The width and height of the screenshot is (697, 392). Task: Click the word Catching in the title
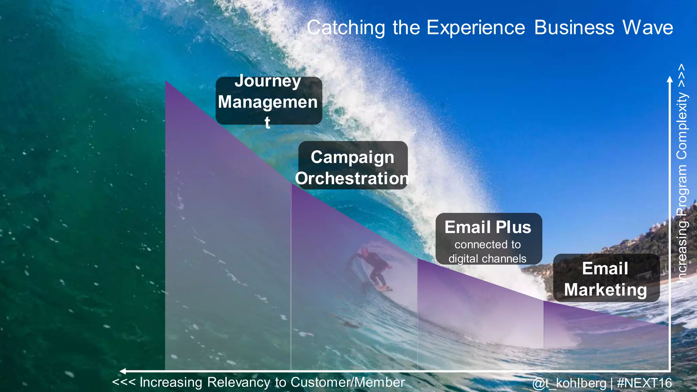click(x=346, y=28)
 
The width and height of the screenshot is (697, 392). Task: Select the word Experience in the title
click(x=476, y=28)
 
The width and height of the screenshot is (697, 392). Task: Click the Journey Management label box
click(x=269, y=101)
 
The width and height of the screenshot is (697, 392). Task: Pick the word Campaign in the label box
click(x=352, y=158)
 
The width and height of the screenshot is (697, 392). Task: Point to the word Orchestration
click(x=352, y=179)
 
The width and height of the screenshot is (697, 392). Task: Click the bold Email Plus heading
click(x=488, y=227)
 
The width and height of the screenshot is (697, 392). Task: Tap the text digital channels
click(x=487, y=259)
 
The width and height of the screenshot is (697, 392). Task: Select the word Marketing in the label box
click(x=605, y=290)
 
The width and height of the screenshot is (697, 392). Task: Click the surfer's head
click(x=364, y=252)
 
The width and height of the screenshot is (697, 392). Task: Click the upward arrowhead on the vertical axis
click(x=669, y=79)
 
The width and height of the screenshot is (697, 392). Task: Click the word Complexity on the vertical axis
click(x=682, y=126)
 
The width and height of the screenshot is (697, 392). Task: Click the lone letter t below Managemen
click(x=268, y=122)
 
